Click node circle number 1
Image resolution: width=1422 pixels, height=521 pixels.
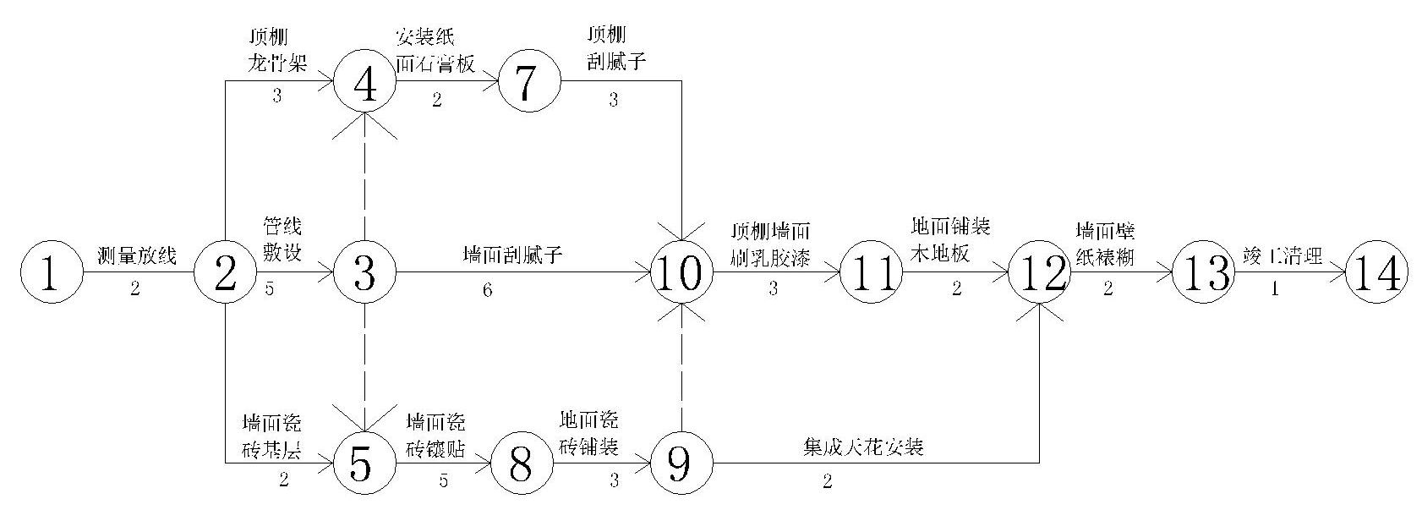(52, 273)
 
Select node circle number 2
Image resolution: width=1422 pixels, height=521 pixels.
(225, 273)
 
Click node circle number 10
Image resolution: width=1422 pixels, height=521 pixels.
(682, 273)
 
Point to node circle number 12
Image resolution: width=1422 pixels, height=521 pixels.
(1042, 273)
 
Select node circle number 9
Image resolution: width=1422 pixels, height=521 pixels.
(682, 463)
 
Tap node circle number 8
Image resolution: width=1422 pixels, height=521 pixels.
(522, 463)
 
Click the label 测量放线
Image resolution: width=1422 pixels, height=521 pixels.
(137, 255)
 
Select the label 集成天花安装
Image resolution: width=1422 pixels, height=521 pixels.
(862, 447)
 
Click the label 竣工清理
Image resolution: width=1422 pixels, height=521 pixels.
(1282, 255)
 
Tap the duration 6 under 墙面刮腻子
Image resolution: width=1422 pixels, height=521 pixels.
(487, 290)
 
